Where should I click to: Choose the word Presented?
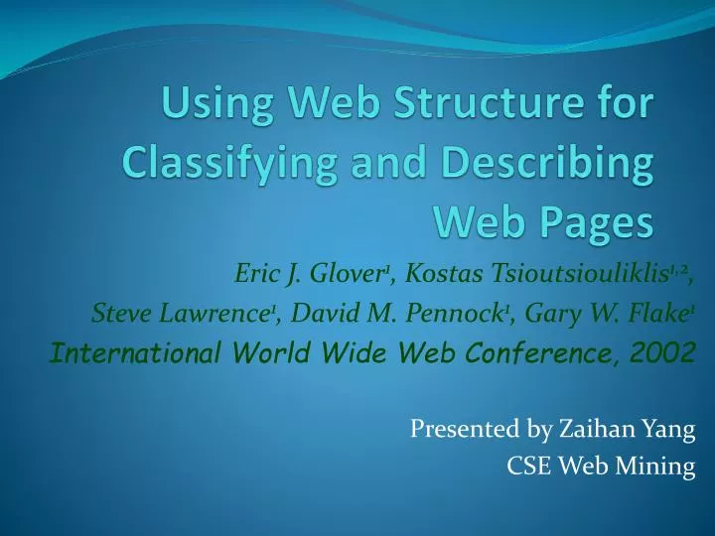455,429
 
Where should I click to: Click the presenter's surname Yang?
669,429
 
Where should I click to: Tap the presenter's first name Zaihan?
590,429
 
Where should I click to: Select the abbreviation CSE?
527,465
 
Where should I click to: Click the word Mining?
659,465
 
